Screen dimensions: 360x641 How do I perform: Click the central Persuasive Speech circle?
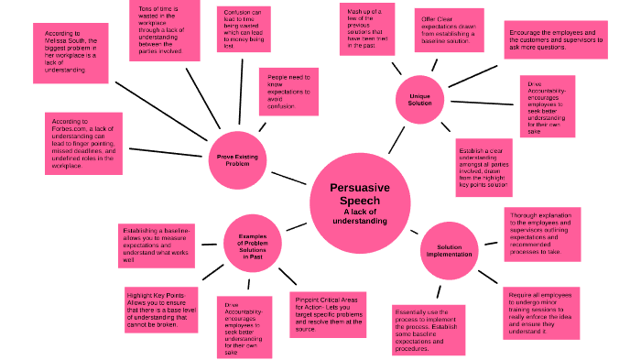[x=360, y=203]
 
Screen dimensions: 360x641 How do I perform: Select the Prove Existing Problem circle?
[x=237, y=158]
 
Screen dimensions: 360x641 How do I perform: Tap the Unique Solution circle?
[x=420, y=99]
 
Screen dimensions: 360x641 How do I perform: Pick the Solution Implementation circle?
[x=449, y=250]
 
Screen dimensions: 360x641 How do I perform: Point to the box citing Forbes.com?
[x=83, y=143]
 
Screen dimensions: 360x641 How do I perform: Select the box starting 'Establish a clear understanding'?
[x=484, y=166]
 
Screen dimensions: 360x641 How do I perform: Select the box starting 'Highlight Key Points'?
[x=161, y=310]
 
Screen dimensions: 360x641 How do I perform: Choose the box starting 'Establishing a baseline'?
[x=156, y=245]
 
